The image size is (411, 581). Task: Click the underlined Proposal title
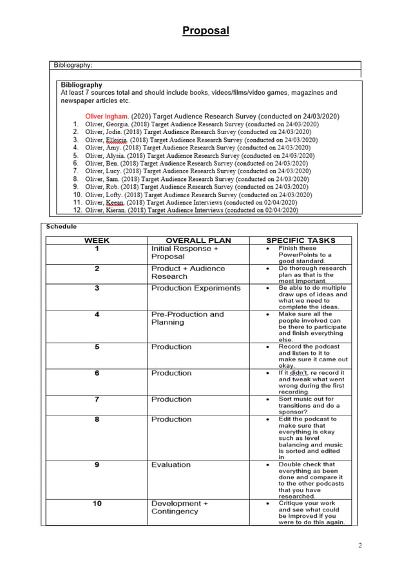click(205, 30)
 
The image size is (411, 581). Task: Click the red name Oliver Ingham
click(107, 116)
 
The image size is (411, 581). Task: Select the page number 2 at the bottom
click(360, 546)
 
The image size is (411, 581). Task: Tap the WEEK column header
click(97, 240)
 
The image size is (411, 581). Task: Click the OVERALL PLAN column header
click(198, 240)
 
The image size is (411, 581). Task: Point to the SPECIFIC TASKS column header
click(300, 240)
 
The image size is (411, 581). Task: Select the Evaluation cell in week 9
click(171, 464)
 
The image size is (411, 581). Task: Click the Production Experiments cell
click(195, 288)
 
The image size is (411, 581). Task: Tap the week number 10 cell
click(97, 503)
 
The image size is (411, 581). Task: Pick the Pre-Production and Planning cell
click(187, 318)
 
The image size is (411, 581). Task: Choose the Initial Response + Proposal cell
click(184, 252)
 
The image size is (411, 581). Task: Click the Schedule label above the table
click(61, 227)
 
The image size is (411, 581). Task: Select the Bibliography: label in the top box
click(73, 65)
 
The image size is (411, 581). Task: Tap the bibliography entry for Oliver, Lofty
click(193, 194)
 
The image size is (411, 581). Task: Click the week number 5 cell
click(97, 347)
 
